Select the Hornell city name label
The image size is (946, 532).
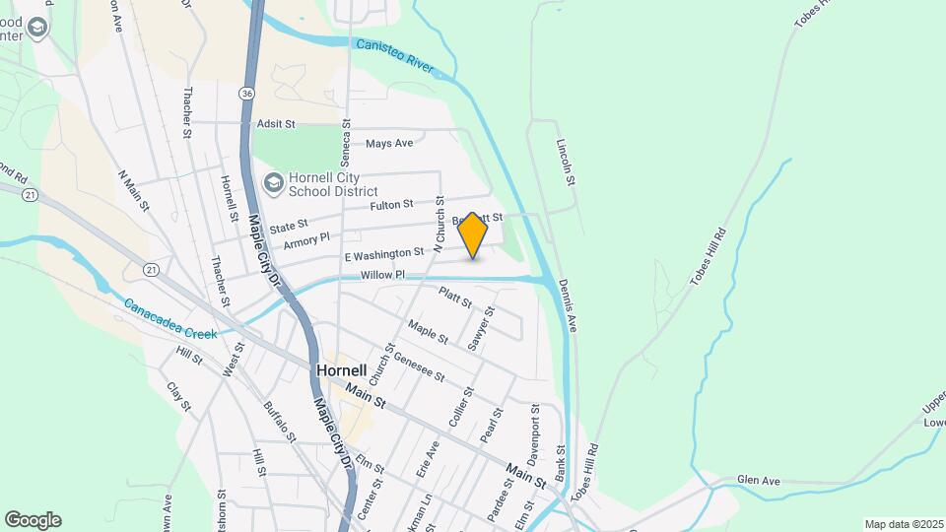pyautogui.click(x=341, y=371)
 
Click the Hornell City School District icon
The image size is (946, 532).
pyautogui.click(x=273, y=182)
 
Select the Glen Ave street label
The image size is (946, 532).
pyautogui.click(x=758, y=481)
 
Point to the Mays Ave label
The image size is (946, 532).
pyautogui.click(x=389, y=144)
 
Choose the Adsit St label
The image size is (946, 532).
pyautogui.click(x=276, y=124)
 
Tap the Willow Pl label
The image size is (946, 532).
pyautogui.click(x=382, y=275)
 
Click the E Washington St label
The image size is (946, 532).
pyautogui.click(x=383, y=254)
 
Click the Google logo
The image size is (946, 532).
pyautogui.click(x=33, y=520)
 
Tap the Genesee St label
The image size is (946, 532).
pyautogui.click(x=419, y=369)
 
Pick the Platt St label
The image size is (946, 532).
pyautogui.click(x=455, y=296)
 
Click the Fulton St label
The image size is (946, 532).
pyautogui.click(x=391, y=205)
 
